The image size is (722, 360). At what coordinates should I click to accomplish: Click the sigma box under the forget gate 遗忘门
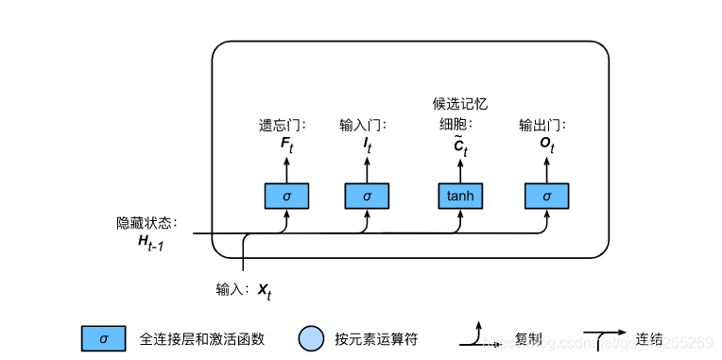pyautogui.click(x=285, y=196)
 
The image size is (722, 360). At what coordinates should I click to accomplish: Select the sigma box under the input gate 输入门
pyautogui.click(x=367, y=196)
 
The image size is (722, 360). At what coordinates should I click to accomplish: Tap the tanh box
pyautogui.click(x=459, y=196)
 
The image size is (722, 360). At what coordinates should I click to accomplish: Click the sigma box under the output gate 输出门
pyautogui.click(x=546, y=196)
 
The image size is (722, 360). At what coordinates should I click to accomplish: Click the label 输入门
pyautogui.click(x=364, y=125)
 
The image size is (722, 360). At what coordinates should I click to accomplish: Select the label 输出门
pyautogui.click(x=543, y=125)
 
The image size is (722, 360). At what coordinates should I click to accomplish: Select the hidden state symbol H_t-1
pyautogui.click(x=151, y=244)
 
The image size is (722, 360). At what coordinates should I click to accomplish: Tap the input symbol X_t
pyautogui.click(x=264, y=290)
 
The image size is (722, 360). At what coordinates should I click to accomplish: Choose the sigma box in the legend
pyautogui.click(x=104, y=338)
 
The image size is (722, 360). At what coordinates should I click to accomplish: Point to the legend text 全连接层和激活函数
pyautogui.click(x=201, y=338)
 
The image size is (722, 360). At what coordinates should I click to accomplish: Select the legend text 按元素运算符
pyautogui.click(x=375, y=338)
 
